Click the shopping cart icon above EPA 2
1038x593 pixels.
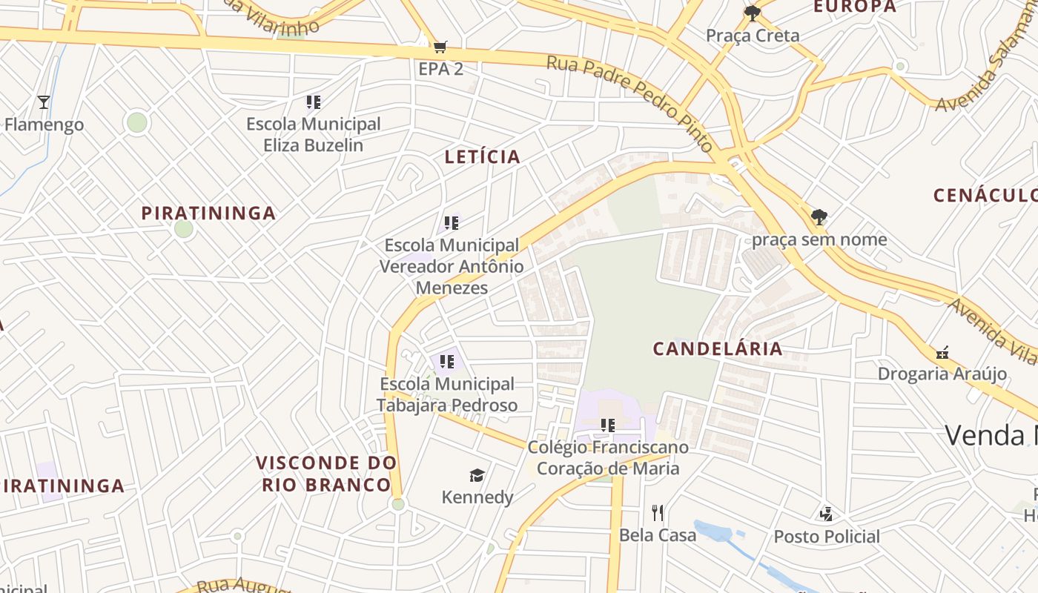pyautogui.click(x=440, y=47)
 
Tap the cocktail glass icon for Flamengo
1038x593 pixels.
pyautogui.click(x=44, y=102)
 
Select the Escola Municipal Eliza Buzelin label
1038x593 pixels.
pyautogui.click(x=314, y=134)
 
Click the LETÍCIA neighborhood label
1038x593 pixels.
pyautogui.click(x=483, y=157)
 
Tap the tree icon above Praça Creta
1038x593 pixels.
pyautogui.click(x=753, y=13)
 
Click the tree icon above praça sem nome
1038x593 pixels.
pyautogui.click(x=819, y=217)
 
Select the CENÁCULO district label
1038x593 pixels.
pyautogui.click(x=985, y=196)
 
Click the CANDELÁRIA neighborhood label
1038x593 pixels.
pyautogui.click(x=718, y=349)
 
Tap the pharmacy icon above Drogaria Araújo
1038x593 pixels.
pyautogui.click(x=942, y=352)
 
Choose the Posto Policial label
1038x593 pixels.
pyautogui.click(x=827, y=536)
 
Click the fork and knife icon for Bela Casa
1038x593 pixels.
pyautogui.click(x=657, y=512)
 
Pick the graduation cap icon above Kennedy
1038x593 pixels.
pyautogui.click(x=477, y=475)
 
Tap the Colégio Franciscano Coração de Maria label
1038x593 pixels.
pyautogui.click(x=608, y=458)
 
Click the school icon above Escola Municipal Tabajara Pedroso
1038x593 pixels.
pyautogui.click(x=446, y=361)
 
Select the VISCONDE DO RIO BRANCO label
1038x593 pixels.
pyautogui.click(x=326, y=474)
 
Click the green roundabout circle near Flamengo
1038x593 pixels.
pyautogui.click(x=137, y=122)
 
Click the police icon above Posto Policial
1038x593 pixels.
pyautogui.click(x=826, y=514)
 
